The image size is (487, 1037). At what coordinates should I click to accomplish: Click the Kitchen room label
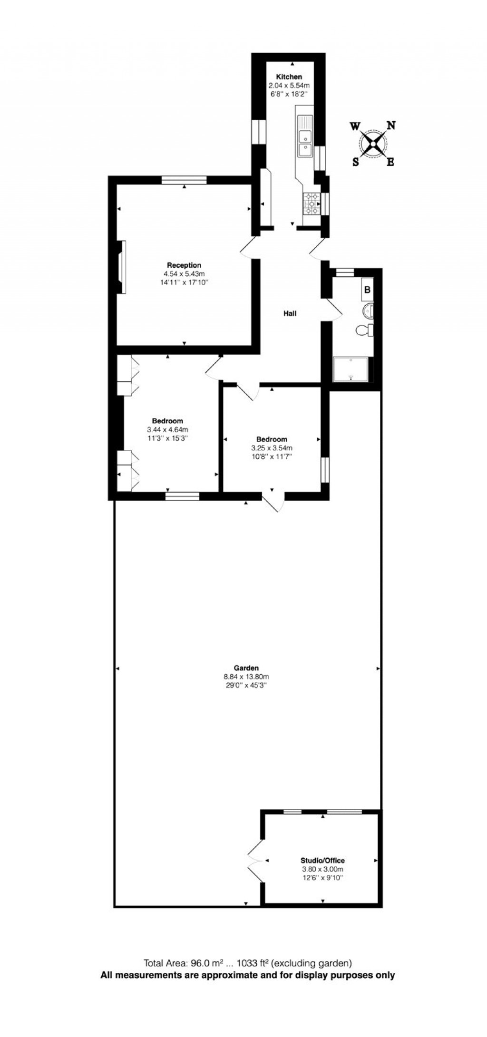coord(289,77)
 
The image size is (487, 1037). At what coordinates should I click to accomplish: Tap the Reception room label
coord(184,265)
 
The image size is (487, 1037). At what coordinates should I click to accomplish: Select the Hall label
coord(290,313)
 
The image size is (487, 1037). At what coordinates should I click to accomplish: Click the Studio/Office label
coord(322,873)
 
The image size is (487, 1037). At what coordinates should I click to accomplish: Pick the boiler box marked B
coord(367,289)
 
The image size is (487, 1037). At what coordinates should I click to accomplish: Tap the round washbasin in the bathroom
coord(369,311)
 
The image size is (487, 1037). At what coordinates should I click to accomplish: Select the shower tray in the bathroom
coord(351,369)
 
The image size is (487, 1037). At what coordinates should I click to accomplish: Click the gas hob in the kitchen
coord(312,203)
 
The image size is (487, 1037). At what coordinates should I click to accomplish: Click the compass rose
coord(373,144)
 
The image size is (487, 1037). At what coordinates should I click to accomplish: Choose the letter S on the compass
coord(355,162)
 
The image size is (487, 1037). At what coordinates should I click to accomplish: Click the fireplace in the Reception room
coord(121,267)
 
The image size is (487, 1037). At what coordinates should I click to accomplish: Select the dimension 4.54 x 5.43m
coord(184,274)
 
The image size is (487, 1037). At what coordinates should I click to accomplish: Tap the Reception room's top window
coord(184,180)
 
